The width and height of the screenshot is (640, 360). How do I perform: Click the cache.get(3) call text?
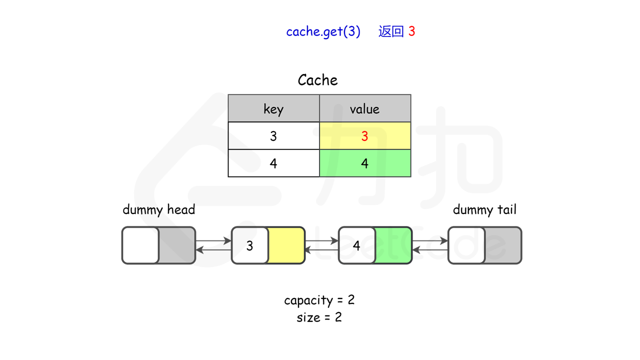(323, 31)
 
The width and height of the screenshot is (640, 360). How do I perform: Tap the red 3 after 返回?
(411, 31)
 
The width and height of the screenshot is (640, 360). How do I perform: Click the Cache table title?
(317, 80)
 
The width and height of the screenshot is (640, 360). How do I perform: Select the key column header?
(273, 108)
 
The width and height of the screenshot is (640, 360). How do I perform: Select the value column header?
(364, 108)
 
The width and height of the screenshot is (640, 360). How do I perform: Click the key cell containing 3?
(273, 136)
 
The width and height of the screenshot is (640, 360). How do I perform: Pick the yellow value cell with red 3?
(364, 136)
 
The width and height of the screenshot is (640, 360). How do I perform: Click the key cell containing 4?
(273, 163)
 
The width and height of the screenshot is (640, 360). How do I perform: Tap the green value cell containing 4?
(364, 163)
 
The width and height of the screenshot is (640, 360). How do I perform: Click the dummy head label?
(158, 209)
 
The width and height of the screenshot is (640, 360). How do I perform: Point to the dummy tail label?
(484, 209)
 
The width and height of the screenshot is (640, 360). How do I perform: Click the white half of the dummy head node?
(140, 245)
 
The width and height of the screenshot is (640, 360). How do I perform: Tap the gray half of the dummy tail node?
(502, 245)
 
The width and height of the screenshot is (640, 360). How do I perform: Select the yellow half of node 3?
(286, 245)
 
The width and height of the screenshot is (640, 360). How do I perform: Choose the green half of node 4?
(393, 245)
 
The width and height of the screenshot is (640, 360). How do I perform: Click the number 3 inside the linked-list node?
(249, 245)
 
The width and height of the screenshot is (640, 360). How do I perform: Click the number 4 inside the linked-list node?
(356, 245)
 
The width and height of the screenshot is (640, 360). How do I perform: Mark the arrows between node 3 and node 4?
(321, 245)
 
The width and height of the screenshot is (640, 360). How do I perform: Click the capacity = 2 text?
(319, 300)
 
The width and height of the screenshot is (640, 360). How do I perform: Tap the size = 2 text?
(319, 317)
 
